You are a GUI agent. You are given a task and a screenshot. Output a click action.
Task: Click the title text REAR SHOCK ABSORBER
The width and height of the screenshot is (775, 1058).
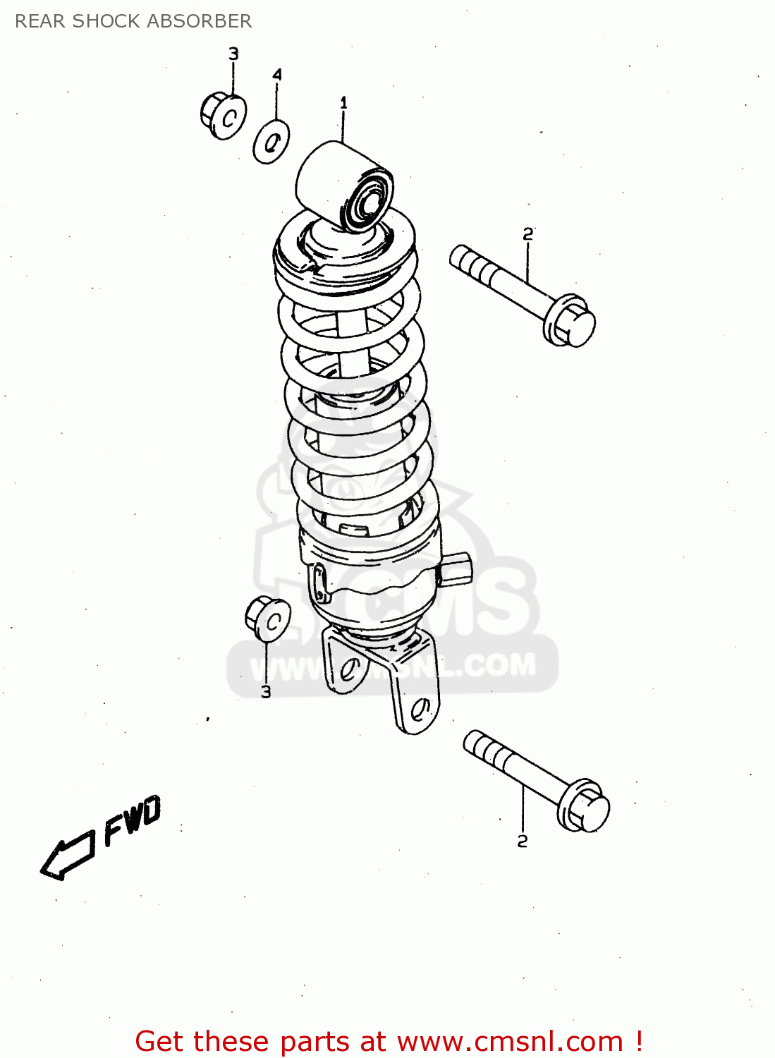click(x=133, y=21)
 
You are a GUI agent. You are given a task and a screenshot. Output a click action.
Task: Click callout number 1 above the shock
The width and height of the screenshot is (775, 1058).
click(x=343, y=103)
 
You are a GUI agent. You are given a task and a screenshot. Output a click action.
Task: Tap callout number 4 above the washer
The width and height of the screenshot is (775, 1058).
click(x=277, y=75)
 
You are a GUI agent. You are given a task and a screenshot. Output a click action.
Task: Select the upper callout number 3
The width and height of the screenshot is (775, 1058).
click(x=233, y=54)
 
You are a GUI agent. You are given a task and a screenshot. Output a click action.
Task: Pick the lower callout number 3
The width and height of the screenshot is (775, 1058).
click(x=266, y=692)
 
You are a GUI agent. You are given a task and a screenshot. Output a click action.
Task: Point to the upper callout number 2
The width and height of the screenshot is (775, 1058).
click(x=528, y=234)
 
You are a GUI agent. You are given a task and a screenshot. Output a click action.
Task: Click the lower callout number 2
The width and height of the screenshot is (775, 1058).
click(x=522, y=841)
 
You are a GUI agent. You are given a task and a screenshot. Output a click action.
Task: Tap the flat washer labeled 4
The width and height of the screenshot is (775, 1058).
click(x=271, y=142)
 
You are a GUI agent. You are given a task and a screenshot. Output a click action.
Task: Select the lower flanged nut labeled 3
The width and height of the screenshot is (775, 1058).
click(x=268, y=619)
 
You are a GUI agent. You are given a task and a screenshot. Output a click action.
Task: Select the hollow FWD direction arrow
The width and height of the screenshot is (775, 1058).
click(x=67, y=856)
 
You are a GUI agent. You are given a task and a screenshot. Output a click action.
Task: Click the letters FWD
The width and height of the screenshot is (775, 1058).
click(x=133, y=820)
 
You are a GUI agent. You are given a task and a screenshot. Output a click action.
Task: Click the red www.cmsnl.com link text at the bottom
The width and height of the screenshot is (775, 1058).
click(x=511, y=1041)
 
